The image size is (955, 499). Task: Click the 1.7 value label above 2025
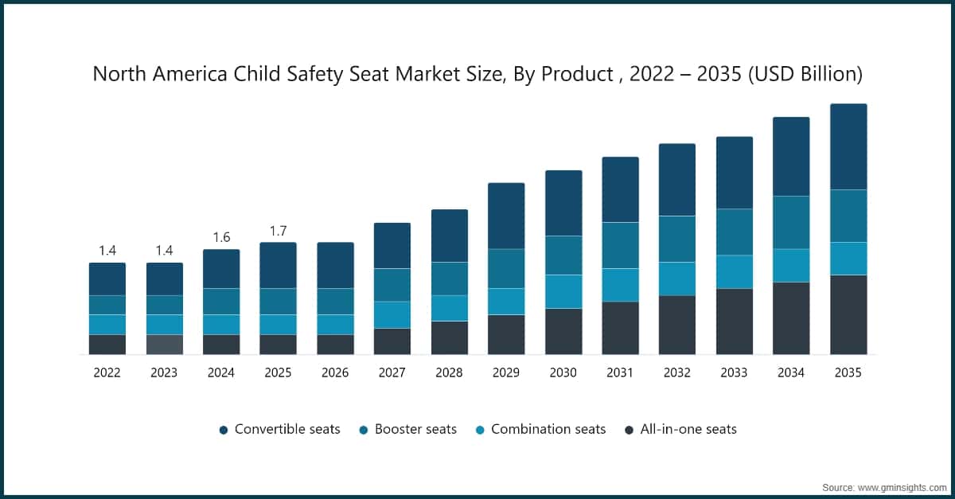(x=278, y=232)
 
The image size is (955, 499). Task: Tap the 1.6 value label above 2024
(x=221, y=238)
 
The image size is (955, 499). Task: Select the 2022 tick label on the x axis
(x=107, y=372)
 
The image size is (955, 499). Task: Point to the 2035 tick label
(x=848, y=372)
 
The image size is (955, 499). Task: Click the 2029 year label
(x=506, y=372)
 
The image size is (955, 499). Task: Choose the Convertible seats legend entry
(x=279, y=430)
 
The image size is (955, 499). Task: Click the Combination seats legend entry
(x=540, y=430)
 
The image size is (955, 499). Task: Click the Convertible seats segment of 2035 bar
(x=848, y=146)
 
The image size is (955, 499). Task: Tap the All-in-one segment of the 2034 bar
(x=791, y=318)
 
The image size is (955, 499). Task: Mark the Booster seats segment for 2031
(x=620, y=245)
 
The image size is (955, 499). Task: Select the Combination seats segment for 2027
(x=392, y=314)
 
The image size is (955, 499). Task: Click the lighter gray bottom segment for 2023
(x=165, y=345)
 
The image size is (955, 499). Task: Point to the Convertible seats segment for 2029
(x=506, y=216)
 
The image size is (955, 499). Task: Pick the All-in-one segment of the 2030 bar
(x=563, y=331)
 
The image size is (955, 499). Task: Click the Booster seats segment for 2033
(x=734, y=232)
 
